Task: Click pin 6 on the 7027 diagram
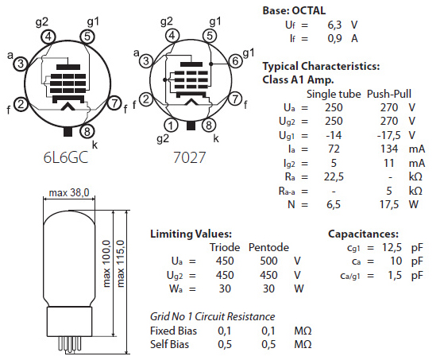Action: (x=235, y=61)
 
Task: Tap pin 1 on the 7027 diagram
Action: (x=172, y=126)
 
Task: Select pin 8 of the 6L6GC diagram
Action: (x=87, y=131)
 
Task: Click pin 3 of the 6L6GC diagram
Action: (x=21, y=64)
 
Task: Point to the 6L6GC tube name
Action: (x=66, y=157)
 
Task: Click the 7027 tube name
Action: (x=189, y=157)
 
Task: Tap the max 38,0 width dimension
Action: (x=69, y=192)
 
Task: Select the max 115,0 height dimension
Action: (x=121, y=263)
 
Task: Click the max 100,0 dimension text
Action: (x=107, y=263)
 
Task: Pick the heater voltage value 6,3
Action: (x=334, y=25)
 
